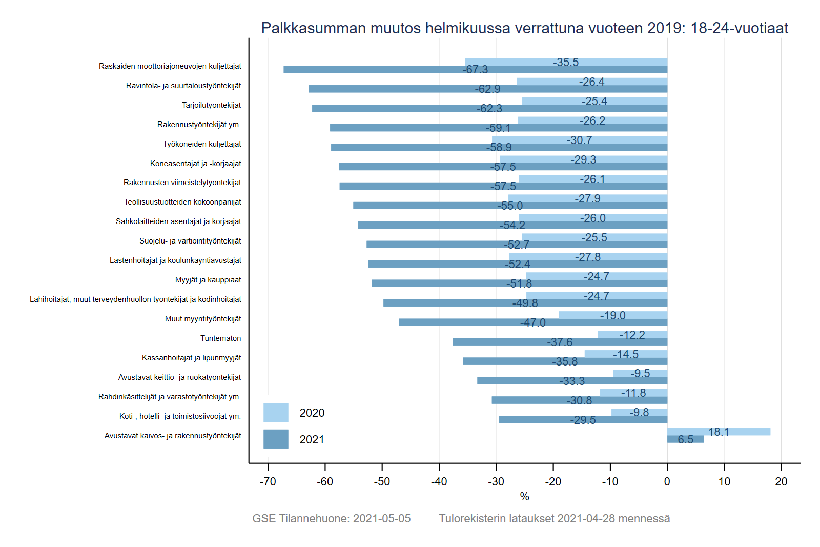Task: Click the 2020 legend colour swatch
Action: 276,412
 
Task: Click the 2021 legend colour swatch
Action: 276,439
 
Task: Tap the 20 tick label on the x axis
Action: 781,481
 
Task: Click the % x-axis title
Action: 524,496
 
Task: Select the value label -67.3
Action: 475,70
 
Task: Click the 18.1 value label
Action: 719,432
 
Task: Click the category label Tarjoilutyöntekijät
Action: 211,105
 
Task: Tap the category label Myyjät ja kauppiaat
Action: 208,280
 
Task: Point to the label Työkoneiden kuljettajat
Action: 202,144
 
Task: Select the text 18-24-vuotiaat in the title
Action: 739,28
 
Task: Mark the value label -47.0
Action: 533,323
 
